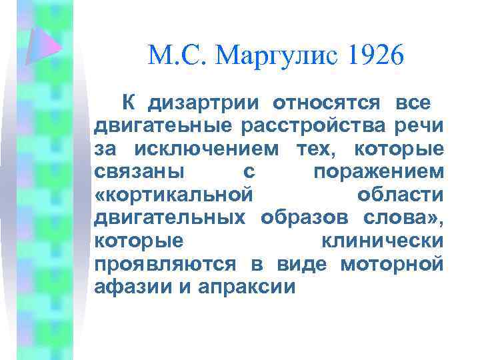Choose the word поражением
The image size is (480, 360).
378,172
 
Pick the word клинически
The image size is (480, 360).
382,240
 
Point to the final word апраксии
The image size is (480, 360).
245,286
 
